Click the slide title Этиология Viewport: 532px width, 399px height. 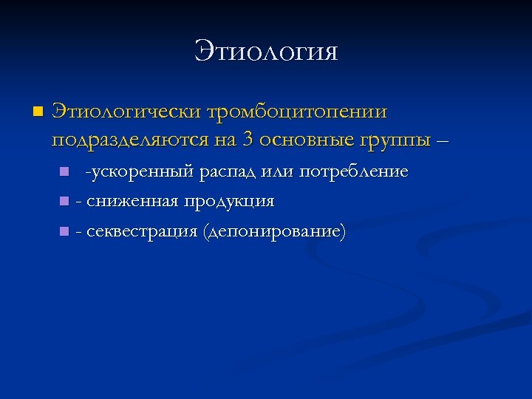tap(266, 52)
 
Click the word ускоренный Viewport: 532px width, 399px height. tap(141, 172)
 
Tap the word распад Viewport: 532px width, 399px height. tap(226, 172)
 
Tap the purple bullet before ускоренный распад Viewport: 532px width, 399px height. tap(64, 173)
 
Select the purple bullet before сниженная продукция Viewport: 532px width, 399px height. tap(64, 202)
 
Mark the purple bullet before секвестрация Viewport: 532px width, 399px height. tap(64, 232)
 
